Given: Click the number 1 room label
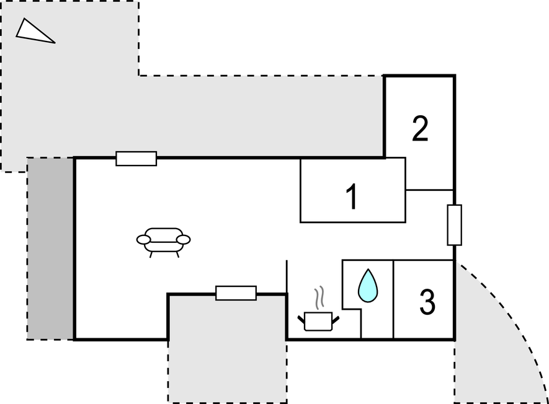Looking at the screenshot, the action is pyautogui.click(x=352, y=197).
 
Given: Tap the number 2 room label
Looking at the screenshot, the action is pyautogui.click(x=420, y=128).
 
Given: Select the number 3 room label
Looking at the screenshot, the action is pyautogui.click(x=427, y=302).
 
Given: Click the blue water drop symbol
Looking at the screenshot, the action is pyautogui.click(x=368, y=286).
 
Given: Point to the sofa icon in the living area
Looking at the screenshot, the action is pyautogui.click(x=164, y=242).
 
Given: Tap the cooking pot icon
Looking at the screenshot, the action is pyautogui.click(x=318, y=322).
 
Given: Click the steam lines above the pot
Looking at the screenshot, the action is pyautogui.click(x=319, y=297).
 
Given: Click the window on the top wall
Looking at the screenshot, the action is pyautogui.click(x=136, y=159).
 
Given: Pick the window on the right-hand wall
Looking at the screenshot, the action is pyautogui.click(x=455, y=225).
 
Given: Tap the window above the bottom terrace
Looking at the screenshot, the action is pyautogui.click(x=236, y=293).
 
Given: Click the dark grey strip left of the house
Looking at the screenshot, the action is pyautogui.click(x=50, y=248).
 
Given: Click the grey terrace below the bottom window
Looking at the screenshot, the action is pyautogui.click(x=227, y=350).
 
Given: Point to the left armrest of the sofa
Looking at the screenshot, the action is pyautogui.click(x=143, y=240).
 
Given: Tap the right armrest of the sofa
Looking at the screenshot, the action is pyautogui.click(x=184, y=240).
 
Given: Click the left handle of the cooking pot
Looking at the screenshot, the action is pyautogui.click(x=301, y=319).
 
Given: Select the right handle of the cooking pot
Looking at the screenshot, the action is pyautogui.click(x=336, y=319).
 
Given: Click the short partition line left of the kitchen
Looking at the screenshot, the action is pyautogui.click(x=287, y=276).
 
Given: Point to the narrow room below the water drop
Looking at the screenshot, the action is pyautogui.click(x=377, y=323).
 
